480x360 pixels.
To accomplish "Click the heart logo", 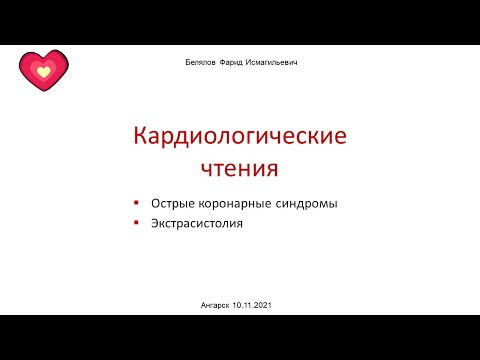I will (43, 70).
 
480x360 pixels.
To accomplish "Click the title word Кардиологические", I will (240, 135).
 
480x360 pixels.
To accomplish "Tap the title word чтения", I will (240, 166).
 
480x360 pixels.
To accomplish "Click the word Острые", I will (174, 204).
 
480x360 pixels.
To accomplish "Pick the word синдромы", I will (304, 204).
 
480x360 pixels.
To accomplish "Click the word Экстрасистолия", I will (197, 224).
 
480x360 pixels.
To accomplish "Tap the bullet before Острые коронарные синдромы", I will (136, 203).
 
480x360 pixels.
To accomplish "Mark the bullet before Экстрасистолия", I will (136, 223).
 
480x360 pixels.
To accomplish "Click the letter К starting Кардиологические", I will (142, 135).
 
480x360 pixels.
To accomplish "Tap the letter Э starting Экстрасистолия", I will (156, 224).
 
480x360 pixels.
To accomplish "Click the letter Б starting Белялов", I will (176, 62).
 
